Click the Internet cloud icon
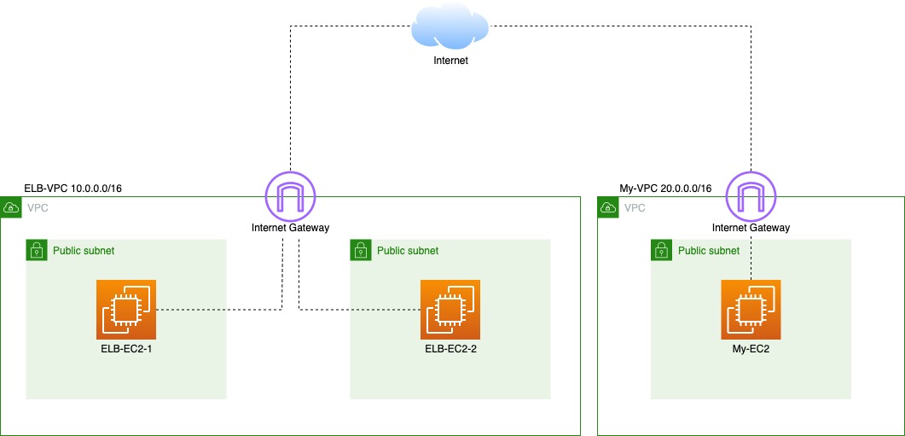pos(450,27)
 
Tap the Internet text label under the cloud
pos(450,61)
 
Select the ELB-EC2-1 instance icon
pos(126,310)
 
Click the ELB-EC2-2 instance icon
pos(450,310)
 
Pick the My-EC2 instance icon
pos(751,310)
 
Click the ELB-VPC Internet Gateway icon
pos(290,196)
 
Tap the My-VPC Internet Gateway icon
pos(751,196)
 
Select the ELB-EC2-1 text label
pos(126,348)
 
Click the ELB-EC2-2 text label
pos(450,348)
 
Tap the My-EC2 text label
pos(751,348)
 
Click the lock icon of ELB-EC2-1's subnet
pos(37,250)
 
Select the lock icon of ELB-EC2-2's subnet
pos(361,250)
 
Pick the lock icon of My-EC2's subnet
pos(661,250)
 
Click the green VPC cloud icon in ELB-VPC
pos(11,207)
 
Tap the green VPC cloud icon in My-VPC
pos(608,207)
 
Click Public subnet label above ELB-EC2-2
pos(408,251)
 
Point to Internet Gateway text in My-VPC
pos(751,228)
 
